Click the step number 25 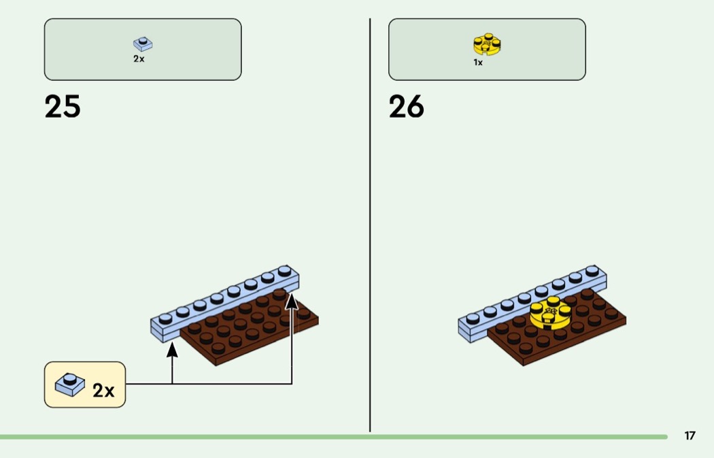point(63,107)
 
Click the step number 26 point(406,107)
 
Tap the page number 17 point(690,436)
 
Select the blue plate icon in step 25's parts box point(143,44)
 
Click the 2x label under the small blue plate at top point(139,59)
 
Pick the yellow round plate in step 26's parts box point(487,44)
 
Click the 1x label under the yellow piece point(477,63)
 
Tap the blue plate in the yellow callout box point(69,385)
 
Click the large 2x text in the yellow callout point(103,390)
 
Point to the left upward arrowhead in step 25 point(172,350)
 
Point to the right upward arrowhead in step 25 point(292,301)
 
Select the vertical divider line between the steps point(370,225)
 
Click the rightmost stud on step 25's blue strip point(285,270)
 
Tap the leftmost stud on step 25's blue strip point(165,318)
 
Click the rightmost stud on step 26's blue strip point(592,270)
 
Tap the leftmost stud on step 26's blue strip point(473,318)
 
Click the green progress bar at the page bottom point(334,437)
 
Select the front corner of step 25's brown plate point(216,365)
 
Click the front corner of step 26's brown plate point(523,365)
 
